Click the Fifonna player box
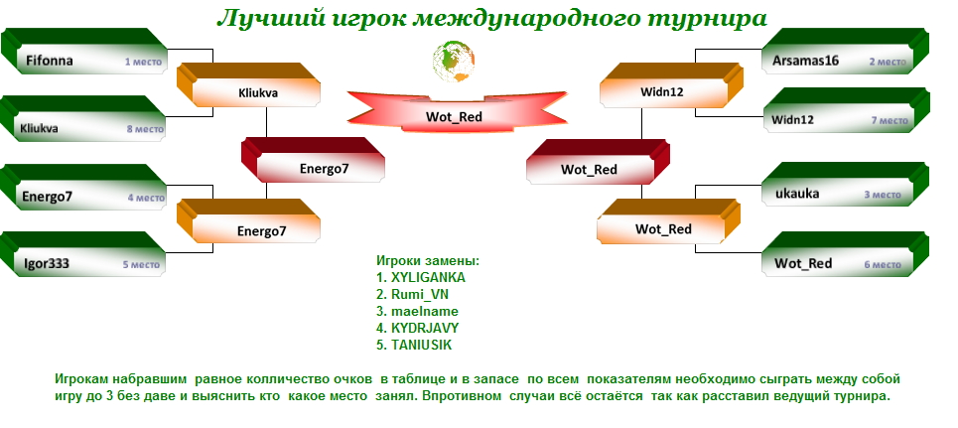tap(84, 52)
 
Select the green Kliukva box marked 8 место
tap(83, 118)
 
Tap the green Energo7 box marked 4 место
tap(83, 187)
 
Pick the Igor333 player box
tap(83, 254)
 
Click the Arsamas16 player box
tap(846, 52)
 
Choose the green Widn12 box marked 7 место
tap(846, 110)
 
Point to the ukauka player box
tap(846, 184)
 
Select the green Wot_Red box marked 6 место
tap(846, 254)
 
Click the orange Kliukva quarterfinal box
tap(248, 84)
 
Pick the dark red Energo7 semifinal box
tap(313, 160)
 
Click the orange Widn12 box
tap(671, 85)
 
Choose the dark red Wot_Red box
tap(599, 162)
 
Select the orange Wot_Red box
tap(668, 221)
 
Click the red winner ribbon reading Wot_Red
tap(457, 111)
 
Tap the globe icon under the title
tap(454, 62)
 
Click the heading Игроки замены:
tap(428, 260)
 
